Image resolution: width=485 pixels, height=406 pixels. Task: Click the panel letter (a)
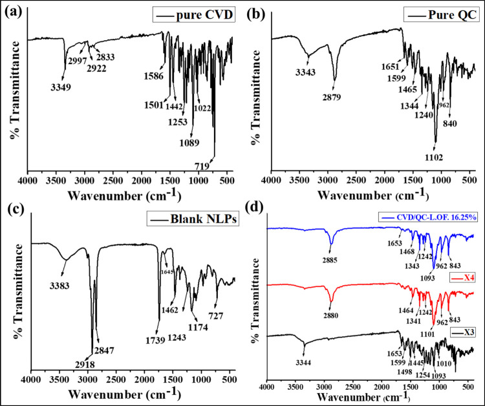[x=10, y=11]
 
